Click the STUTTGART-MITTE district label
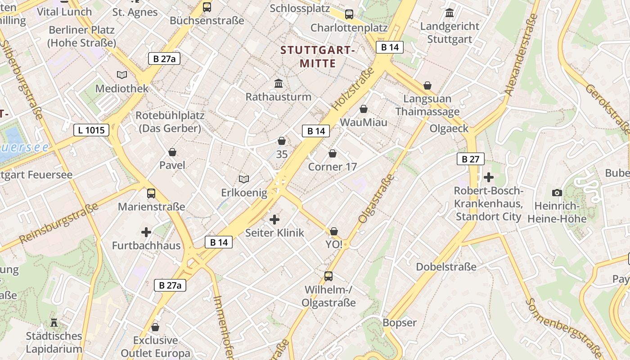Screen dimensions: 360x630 tap(318, 56)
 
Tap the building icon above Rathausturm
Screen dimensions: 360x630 tap(279, 84)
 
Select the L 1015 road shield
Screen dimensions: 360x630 tap(91, 130)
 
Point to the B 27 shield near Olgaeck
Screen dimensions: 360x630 tap(471, 159)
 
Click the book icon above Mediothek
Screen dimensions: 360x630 tap(122, 75)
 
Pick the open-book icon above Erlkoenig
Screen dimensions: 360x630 tap(244, 180)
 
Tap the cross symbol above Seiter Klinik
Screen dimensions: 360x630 tap(274, 220)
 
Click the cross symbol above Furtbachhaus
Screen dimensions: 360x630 tap(146, 232)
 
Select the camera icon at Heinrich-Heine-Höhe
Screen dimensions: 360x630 tap(557, 193)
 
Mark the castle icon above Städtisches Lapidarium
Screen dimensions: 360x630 tap(54, 322)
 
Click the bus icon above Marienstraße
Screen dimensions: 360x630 tap(151, 193)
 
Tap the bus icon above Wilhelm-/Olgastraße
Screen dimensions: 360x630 tap(328, 276)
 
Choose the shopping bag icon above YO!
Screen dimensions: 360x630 tap(334, 231)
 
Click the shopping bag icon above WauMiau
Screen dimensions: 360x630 tap(364, 109)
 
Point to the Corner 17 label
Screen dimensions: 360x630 tap(332, 167)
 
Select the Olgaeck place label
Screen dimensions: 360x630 tap(449, 129)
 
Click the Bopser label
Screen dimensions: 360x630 tap(399, 323)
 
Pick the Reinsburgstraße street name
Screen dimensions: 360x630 tap(58, 223)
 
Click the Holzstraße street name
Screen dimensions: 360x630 tap(353, 89)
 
